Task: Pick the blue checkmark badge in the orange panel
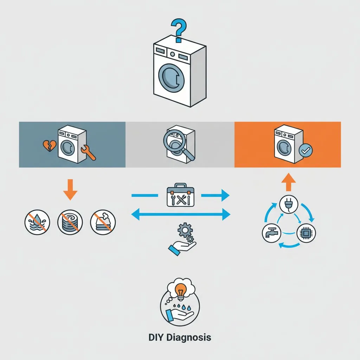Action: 305,151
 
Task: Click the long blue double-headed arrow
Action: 180,213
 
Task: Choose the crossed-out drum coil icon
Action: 70,223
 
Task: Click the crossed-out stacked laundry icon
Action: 103,223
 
